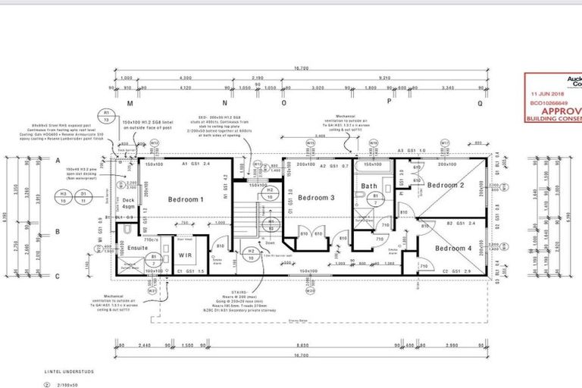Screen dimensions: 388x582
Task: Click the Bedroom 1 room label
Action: click(180, 199)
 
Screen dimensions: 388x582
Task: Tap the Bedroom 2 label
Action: click(445, 185)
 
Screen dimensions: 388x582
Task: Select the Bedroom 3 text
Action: click(316, 198)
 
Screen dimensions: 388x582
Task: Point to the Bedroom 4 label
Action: click(454, 249)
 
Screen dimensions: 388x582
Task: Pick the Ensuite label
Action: click(137, 247)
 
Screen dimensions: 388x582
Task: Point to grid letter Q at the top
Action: click(480, 102)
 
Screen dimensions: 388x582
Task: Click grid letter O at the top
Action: click(305, 102)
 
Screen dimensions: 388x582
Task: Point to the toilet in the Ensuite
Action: click(129, 229)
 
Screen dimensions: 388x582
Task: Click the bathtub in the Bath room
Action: click(371, 165)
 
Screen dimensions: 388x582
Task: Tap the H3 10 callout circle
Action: click(64, 197)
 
